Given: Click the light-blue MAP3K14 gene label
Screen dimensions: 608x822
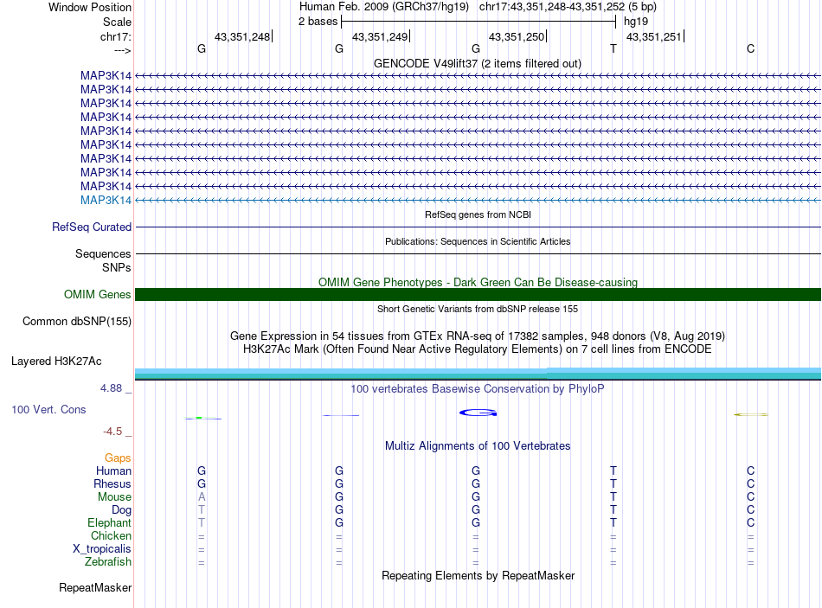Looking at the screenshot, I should point(106,200).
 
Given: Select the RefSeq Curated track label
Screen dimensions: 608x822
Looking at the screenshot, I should point(92,227).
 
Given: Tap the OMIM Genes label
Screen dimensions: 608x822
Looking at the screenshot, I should point(98,294).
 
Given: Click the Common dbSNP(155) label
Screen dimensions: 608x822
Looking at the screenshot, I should point(77,321).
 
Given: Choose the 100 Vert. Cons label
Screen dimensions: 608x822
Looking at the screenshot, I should point(48,409).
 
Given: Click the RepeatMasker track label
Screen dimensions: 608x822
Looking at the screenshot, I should point(95,588).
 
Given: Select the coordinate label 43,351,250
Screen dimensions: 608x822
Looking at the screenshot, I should point(517,36).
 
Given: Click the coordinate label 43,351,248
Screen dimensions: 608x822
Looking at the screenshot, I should point(242,36).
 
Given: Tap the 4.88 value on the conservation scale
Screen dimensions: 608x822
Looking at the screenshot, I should point(112,388).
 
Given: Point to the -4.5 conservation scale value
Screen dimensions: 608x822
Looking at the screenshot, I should point(112,431).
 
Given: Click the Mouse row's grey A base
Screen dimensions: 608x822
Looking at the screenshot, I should point(202,497).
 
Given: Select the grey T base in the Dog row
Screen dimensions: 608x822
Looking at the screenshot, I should point(202,510).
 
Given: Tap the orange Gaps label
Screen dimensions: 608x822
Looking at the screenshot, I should point(118,458).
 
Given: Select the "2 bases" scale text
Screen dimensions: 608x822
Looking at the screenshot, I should point(318,22).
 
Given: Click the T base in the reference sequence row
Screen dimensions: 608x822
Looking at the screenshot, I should point(613,48).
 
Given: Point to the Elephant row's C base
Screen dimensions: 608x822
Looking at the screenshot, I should point(751,523).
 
